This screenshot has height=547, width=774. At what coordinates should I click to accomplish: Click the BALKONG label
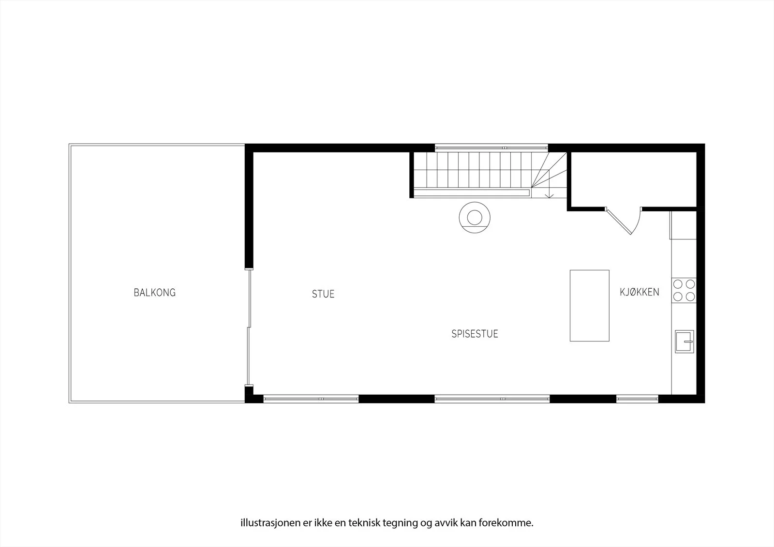coord(154,293)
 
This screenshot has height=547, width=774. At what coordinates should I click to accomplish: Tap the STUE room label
coord(323,294)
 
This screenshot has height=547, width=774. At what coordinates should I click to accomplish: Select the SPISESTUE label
coord(475,334)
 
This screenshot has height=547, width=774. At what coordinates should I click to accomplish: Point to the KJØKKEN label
coord(639,292)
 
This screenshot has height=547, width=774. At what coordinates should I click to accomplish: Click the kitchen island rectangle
coord(590,306)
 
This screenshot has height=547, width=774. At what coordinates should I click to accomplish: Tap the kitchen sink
coord(685,341)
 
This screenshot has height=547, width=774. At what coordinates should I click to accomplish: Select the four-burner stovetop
coord(684,291)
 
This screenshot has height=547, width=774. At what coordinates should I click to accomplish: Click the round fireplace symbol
coord(475,218)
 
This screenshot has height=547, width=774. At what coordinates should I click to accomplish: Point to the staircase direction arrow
coord(549,192)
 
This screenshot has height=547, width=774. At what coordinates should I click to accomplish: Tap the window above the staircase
coord(491,148)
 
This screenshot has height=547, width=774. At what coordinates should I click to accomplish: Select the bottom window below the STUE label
coord(311,399)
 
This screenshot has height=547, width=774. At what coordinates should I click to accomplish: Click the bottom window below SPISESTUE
coord(492,399)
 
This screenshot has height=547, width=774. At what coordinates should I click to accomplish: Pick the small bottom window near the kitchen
coord(637,399)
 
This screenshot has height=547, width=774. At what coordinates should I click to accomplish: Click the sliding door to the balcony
coord(249,327)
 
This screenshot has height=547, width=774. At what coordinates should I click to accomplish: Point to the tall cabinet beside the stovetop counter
coord(683,225)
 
